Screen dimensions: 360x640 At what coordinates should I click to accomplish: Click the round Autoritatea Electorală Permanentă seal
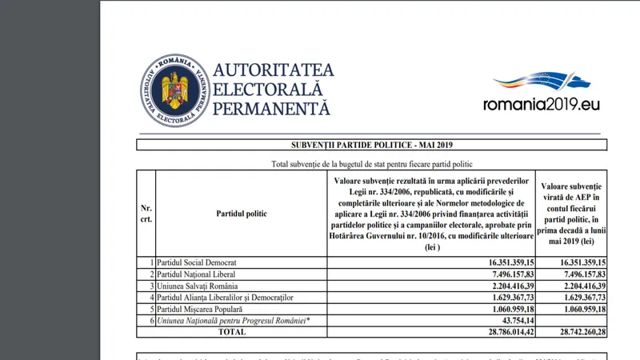click(172, 90)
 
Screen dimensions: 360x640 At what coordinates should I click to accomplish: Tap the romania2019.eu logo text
click(542, 104)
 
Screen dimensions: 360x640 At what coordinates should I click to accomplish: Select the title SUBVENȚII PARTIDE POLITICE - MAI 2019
click(370, 145)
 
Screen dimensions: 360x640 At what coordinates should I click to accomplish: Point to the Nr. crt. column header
click(146, 214)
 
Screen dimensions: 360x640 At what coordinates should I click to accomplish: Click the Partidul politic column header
click(242, 214)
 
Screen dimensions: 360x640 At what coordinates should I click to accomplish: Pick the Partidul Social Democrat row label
click(197, 262)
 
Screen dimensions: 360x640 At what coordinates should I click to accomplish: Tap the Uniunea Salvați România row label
click(198, 285)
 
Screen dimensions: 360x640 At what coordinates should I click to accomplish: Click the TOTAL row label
click(232, 330)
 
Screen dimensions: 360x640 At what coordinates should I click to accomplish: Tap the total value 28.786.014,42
click(499, 330)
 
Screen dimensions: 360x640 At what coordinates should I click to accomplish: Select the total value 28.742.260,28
click(571, 330)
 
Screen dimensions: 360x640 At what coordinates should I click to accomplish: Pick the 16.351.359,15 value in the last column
click(571, 262)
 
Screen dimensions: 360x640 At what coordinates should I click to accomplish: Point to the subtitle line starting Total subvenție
click(370, 163)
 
